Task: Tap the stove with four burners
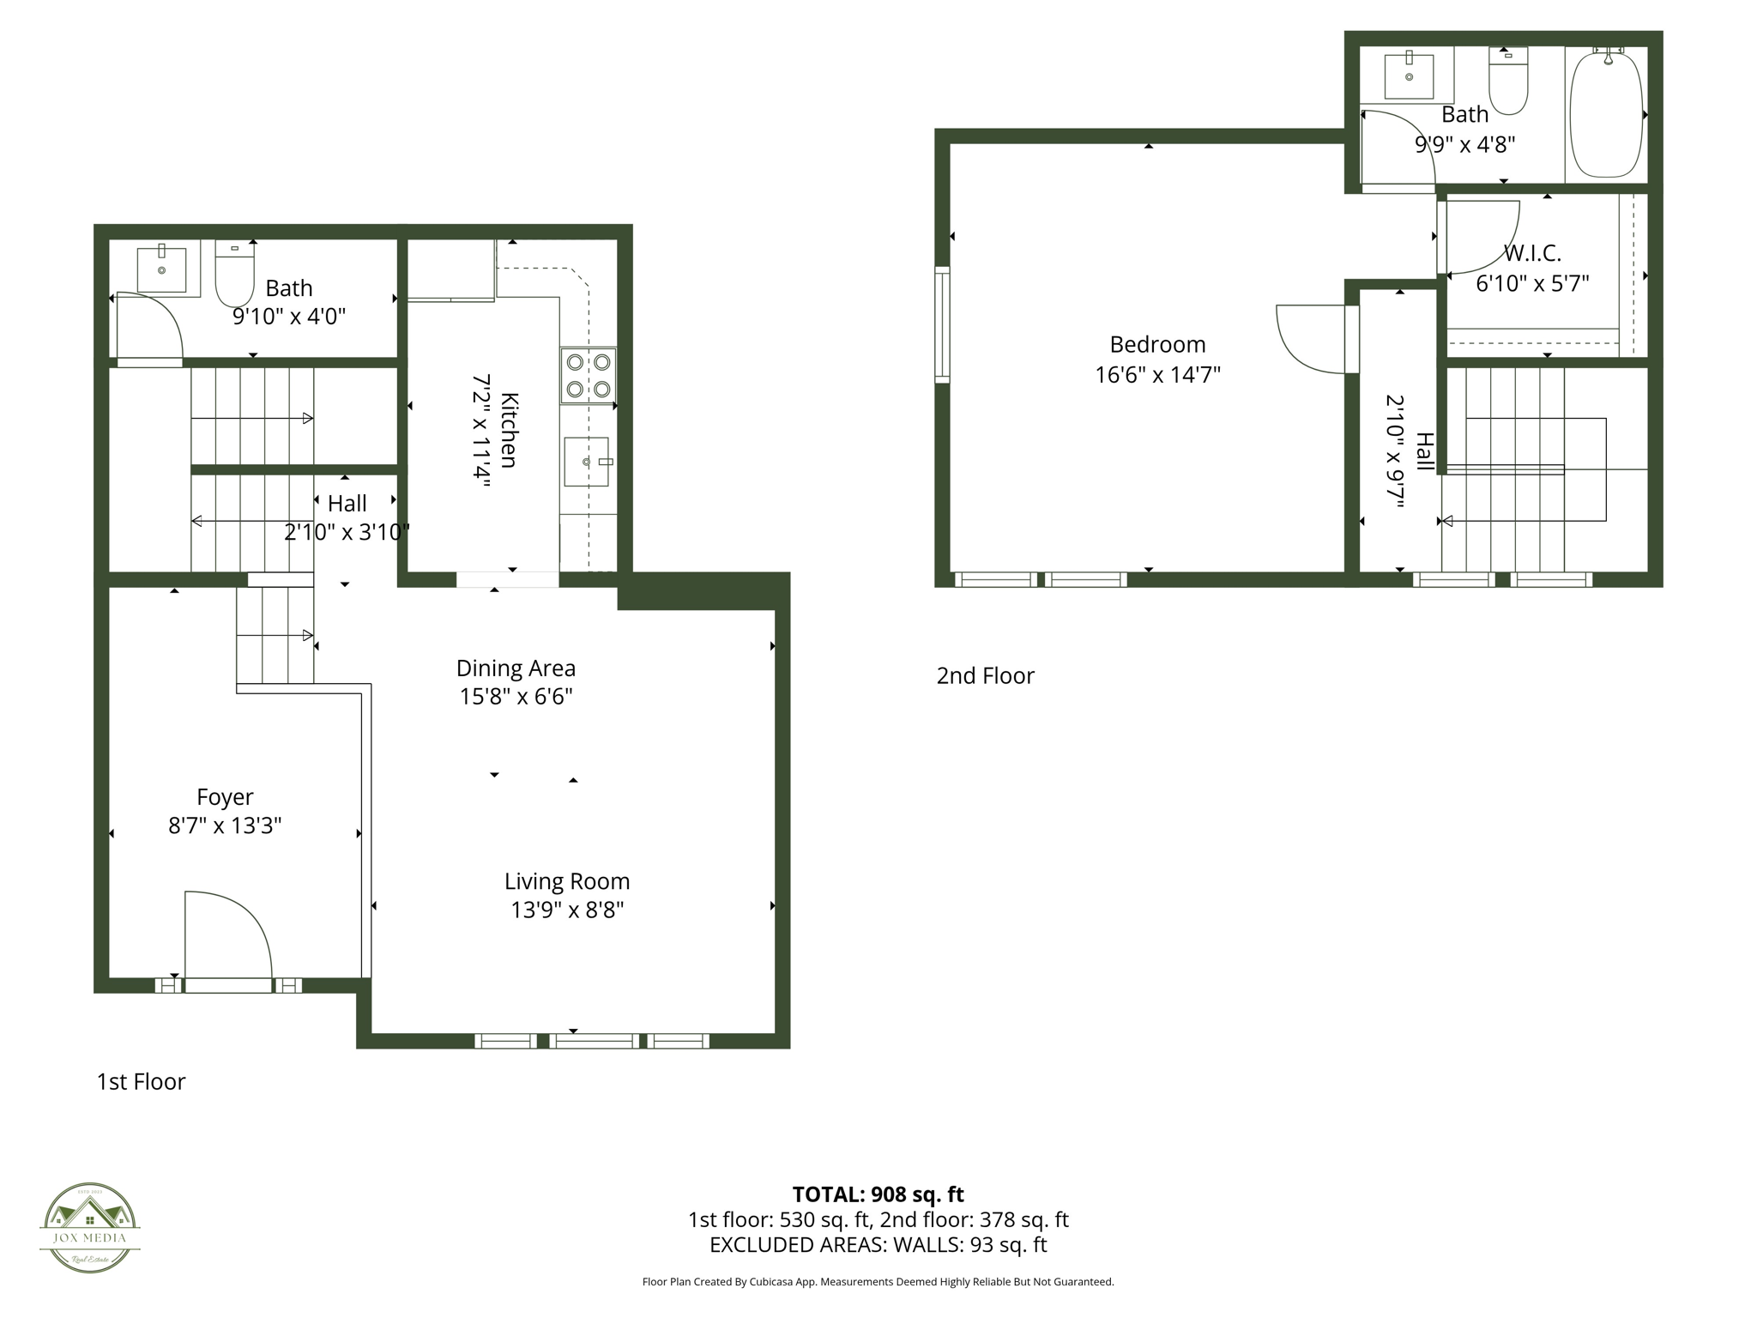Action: pyautogui.click(x=589, y=376)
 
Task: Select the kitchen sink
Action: pyautogui.click(x=587, y=462)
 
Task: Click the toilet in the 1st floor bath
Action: pyautogui.click(x=234, y=274)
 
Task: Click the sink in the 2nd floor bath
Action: pyautogui.click(x=1409, y=76)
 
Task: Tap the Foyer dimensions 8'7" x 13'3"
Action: pyautogui.click(x=225, y=825)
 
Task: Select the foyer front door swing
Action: pyautogui.click(x=227, y=935)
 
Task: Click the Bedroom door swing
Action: pyautogui.click(x=1311, y=339)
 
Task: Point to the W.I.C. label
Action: pyautogui.click(x=1532, y=253)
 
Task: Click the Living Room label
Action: pyautogui.click(x=567, y=881)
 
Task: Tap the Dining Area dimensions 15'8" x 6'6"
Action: pyautogui.click(x=516, y=696)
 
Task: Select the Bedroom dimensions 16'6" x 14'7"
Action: pyautogui.click(x=1157, y=375)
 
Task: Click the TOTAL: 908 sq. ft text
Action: pyautogui.click(x=878, y=1194)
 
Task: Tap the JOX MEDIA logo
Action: pyautogui.click(x=90, y=1227)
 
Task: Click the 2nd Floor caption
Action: pyautogui.click(x=985, y=676)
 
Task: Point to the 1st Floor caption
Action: pyautogui.click(x=141, y=1082)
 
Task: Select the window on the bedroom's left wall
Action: pyautogui.click(x=942, y=324)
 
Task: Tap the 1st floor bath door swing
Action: pyautogui.click(x=148, y=326)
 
